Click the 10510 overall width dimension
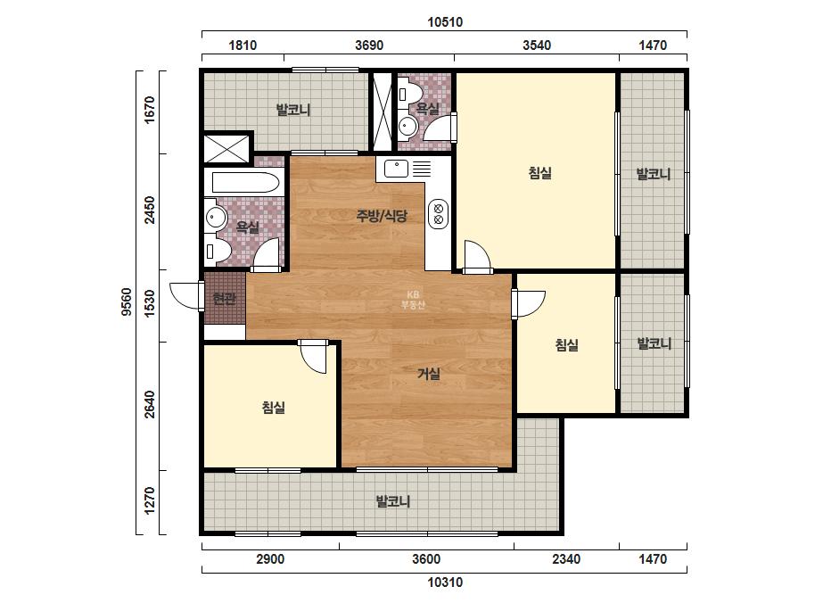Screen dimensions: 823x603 [445, 22]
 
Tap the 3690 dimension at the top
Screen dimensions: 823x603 [369, 45]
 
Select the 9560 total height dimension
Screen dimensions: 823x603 [127, 302]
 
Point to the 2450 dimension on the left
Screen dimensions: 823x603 [150, 210]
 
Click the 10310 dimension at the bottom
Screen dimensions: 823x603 [445, 582]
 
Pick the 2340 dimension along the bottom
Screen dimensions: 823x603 [566, 559]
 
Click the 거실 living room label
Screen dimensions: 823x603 [429, 374]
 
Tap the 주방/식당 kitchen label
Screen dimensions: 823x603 [382, 215]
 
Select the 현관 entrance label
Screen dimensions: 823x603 [224, 298]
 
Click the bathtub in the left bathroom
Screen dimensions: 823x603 [245, 182]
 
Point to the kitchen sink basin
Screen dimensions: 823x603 [396, 169]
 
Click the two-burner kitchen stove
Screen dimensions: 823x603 [439, 214]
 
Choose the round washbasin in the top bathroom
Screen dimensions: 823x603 [407, 127]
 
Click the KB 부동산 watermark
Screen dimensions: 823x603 [413, 300]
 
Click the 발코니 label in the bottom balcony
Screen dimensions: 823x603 [392, 501]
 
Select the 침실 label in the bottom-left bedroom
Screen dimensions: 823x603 [274, 407]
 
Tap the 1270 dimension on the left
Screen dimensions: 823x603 [150, 501]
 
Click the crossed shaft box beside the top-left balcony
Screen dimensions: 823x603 [227, 148]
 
